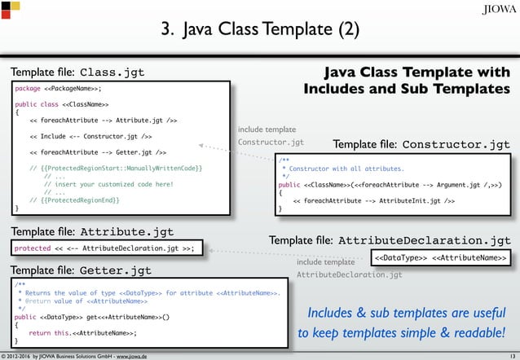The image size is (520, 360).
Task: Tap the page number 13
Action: [511, 355]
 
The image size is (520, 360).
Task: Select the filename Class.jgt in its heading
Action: [112, 72]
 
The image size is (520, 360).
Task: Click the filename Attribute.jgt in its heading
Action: [126, 231]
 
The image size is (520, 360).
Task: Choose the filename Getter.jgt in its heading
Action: [115, 270]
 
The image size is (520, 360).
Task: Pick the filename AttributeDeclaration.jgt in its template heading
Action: [424, 241]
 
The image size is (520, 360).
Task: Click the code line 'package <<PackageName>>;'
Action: [59, 89]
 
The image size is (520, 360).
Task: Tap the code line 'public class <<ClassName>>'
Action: [63, 105]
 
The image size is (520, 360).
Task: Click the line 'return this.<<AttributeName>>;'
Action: [82, 332]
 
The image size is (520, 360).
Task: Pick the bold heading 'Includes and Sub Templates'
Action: [407, 86]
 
